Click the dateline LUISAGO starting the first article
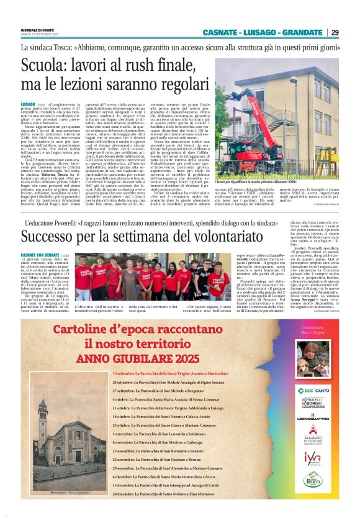tap(27, 104)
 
